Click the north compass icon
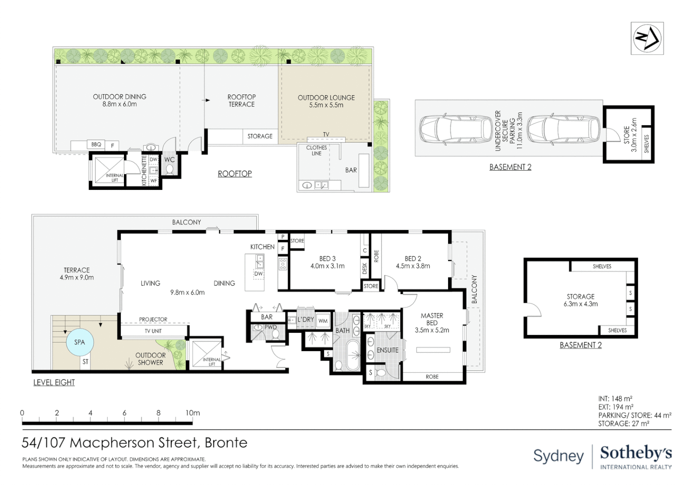click(647, 38)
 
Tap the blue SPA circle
click(79, 342)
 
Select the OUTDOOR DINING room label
click(119, 100)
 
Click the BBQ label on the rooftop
click(96, 145)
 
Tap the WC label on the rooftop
click(169, 159)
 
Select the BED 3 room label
click(327, 262)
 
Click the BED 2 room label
click(413, 262)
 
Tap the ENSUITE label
click(387, 350)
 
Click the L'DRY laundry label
click(305, 320)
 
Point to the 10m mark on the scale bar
click(193, 413)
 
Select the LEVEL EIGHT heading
click(54, 383)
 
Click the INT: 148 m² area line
click(615, 399)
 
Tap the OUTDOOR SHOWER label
click(150, 359)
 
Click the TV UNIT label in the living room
click(153, 331)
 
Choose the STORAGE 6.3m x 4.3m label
click(580, 300)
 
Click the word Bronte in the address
click(226, 443)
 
